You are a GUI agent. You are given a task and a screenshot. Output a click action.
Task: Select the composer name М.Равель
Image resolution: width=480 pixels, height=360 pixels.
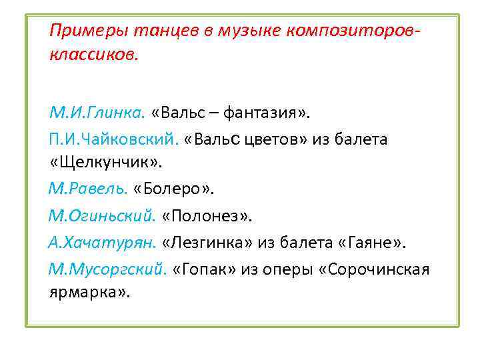click(87, 190)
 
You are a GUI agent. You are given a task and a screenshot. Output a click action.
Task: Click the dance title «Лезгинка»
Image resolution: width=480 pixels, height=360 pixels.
click(212, 243)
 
